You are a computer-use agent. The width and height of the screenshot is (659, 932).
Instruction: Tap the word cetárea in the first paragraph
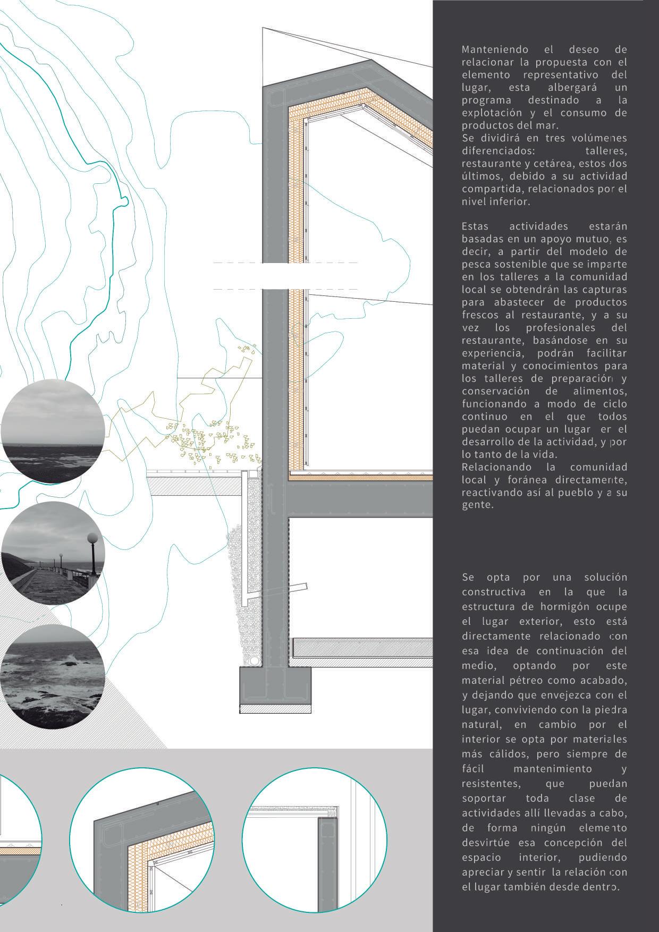click(554, 163)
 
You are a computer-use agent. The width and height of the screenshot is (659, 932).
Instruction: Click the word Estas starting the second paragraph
click(475, 227)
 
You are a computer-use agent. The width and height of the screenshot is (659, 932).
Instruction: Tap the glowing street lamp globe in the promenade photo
click(93, 538)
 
